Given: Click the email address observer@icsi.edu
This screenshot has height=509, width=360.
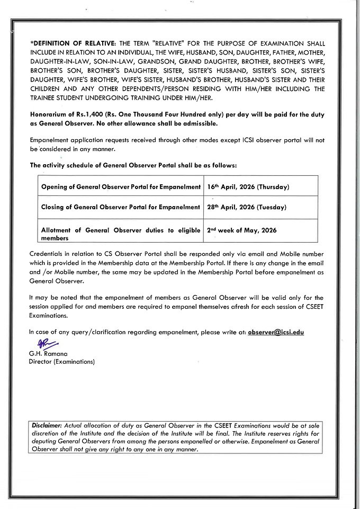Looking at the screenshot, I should pyautogui.click(x=275, y=332).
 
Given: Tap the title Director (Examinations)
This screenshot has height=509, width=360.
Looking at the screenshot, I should pyautogui.click(x=62, y=362).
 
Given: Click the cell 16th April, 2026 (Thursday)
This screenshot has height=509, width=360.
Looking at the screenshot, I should pyautogui.click(x=247, y=186).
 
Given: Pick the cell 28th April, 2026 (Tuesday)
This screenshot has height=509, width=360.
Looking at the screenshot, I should pyautogui.click(x=246, y=207).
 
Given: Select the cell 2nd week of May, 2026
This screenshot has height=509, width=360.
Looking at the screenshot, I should pyautogui.click(x=242, y=230).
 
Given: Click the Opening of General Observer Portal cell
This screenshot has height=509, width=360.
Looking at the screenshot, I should pyautogui.click(x=121, y=186).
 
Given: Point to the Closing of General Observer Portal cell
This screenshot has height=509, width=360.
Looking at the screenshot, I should pyautogui.click(x=121, y=207).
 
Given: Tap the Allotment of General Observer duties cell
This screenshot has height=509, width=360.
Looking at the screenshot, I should pyautogui.click(x=121, y=234).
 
